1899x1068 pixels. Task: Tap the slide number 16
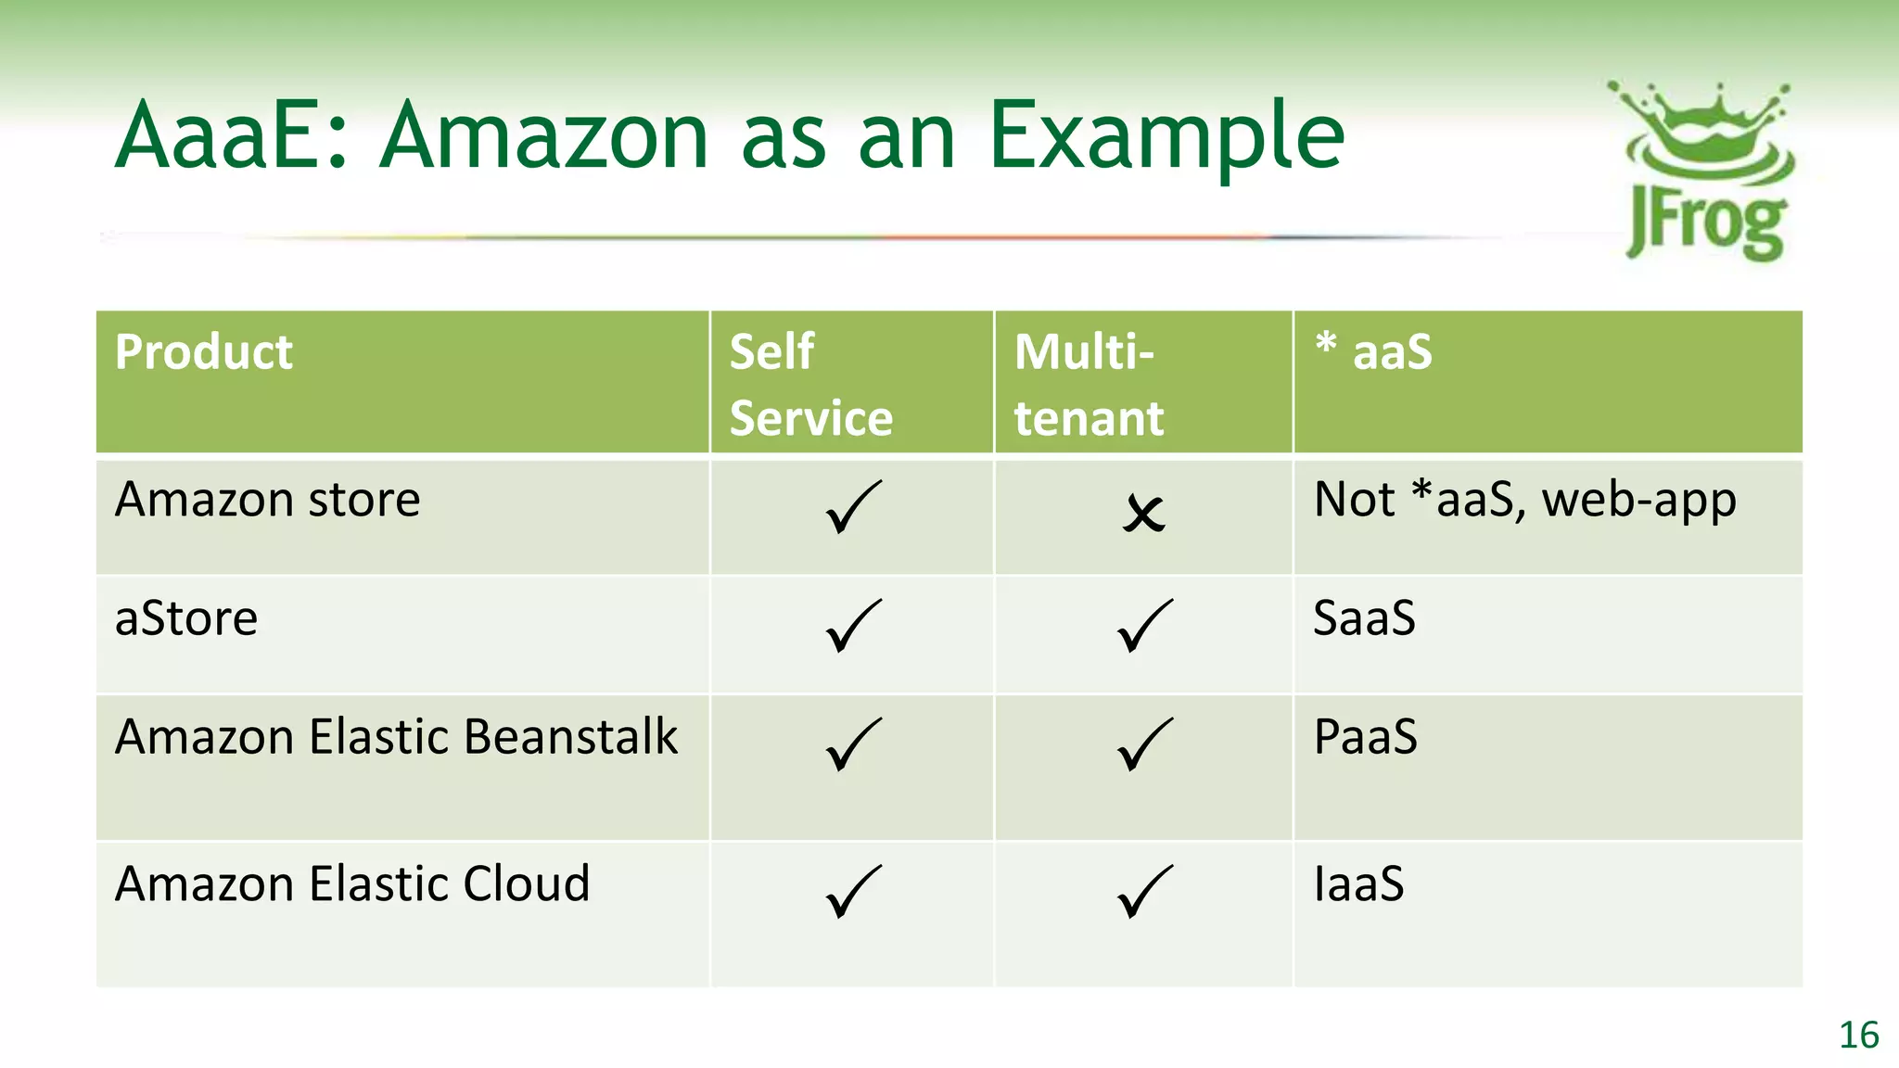point(1858,1036)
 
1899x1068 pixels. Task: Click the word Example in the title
point(1166,137)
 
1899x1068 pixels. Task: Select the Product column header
point(204,352)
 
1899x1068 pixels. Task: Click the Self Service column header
point(810,384)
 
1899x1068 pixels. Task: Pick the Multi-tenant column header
point(1089,384)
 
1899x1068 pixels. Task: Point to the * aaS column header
point(1374,351)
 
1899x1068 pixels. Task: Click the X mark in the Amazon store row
point(1143,513)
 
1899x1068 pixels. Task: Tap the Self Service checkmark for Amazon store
point(852,507)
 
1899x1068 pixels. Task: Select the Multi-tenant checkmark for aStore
point(1144,626)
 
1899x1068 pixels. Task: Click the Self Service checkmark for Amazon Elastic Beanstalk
point(852,744)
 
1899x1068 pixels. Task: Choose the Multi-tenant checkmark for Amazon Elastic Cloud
point(1144,891)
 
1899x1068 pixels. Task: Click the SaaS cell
point(1364,617)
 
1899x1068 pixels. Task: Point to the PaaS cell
point(1365,737)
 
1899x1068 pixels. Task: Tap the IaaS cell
point(1358,884)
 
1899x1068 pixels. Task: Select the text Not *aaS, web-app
point(1524,501)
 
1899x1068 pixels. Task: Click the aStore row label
point(186,618)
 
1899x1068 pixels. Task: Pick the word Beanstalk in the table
point(570,737)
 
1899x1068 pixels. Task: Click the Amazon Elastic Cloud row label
point(352,884)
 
